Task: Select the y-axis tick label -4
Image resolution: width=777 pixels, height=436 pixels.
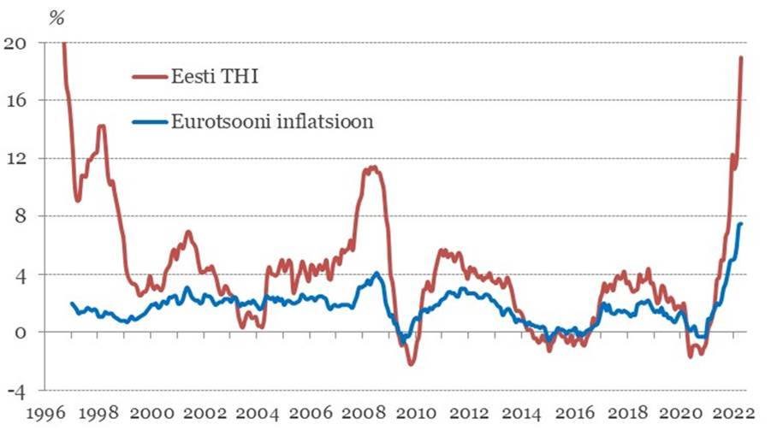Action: click(x=17, y=390)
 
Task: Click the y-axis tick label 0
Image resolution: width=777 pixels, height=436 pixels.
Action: click(x=22, y=333)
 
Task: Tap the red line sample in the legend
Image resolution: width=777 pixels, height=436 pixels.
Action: click(x=152, y=77)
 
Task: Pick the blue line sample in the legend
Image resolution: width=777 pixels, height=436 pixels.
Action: click(x=152, y=122)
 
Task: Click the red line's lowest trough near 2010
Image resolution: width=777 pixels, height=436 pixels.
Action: click(x=411, y=364)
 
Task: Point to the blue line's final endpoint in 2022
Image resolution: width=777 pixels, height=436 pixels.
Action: click(x=740, y=223)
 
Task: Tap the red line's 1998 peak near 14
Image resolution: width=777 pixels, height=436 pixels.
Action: click(x=102, y=127)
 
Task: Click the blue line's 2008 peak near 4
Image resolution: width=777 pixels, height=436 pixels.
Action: click(x=377, y=274)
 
